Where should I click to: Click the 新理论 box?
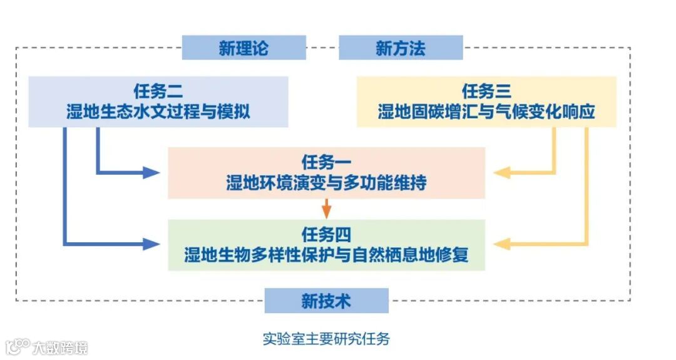[x=243, y=48]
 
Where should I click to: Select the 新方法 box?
[x=401, y=48]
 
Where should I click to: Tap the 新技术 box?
[x=326, y=301]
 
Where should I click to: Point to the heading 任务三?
[x=486, y=91]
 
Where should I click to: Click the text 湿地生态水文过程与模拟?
[x=158, y=113]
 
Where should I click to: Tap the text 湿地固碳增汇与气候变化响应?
[x=486, y=113]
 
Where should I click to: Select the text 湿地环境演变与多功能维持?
[x=326, y=183]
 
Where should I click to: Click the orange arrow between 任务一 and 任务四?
[x=326, y=209]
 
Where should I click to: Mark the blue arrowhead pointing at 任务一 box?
[x=151, y=172]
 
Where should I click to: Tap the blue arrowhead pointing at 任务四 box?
[x=151, y=244]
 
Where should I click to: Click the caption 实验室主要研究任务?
[x=326, y=339]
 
